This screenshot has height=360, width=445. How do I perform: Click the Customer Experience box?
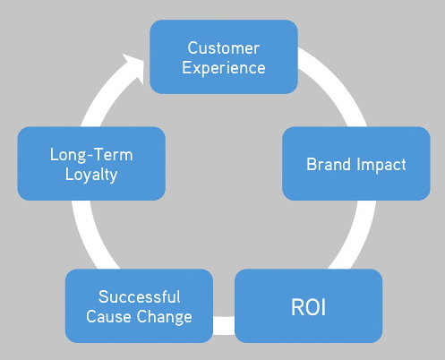224,57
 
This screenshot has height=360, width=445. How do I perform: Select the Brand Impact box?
356,164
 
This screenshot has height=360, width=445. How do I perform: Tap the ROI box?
309,306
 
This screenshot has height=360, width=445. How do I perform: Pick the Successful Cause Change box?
139,306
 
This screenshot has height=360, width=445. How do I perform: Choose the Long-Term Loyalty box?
91,164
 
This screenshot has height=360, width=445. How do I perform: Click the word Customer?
224,48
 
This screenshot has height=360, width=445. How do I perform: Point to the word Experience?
224,68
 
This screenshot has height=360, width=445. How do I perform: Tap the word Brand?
329,164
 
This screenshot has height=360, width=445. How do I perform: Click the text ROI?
308,307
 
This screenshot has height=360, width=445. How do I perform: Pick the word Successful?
140,297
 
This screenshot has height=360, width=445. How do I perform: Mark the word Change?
165,317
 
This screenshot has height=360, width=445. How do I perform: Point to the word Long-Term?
91,155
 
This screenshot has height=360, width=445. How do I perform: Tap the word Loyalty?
91,175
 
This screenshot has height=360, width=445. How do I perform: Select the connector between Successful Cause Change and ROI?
224,325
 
